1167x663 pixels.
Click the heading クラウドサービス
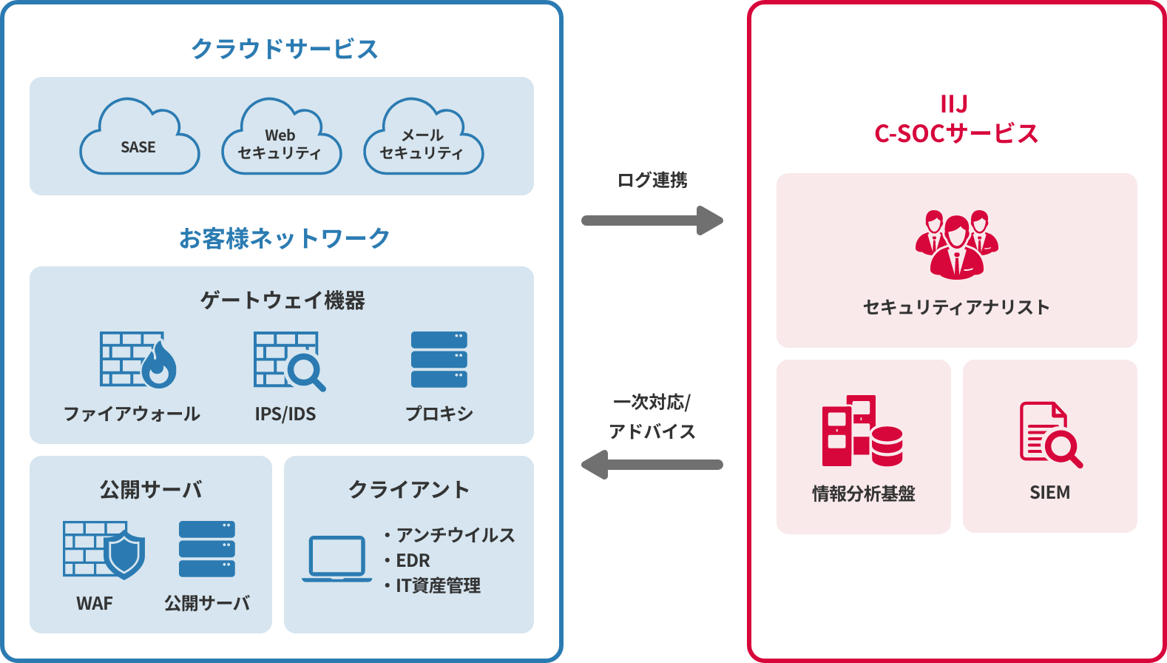pos(285,49)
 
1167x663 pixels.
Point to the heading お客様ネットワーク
pos(285,238)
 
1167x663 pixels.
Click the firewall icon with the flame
pos(138,360)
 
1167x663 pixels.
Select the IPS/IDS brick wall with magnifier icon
pos(288,360)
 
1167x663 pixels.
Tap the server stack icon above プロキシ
pos(439,360)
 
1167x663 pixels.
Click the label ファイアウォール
pos(132,414)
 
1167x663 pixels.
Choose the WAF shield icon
pos(104,549)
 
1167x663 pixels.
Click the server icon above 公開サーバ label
pos(207,548)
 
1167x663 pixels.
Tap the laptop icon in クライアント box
pos(336,559)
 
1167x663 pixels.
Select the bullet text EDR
pos(413,560)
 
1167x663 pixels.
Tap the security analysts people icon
pos(956,243)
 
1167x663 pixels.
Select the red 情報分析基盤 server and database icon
pos(862,431)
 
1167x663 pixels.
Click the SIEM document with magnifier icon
pos(1049,434)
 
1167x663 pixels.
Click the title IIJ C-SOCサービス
pos(956,119)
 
